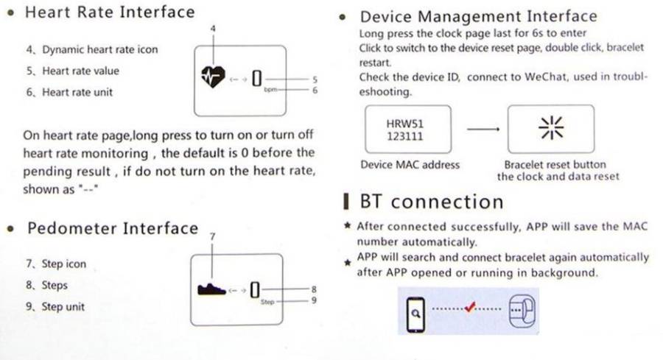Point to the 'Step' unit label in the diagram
[267, 302]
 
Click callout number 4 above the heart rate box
[214, 28]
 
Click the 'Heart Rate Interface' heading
[110, 13]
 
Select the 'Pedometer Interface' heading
[112, 228]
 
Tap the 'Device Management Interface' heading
[478, 16]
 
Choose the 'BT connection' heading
[431, 202]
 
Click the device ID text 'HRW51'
[404, 124]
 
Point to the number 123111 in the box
[404, 136]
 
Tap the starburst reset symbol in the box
[551, 127]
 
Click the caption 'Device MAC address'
[410, 165]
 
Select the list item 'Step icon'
[63, 264]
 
